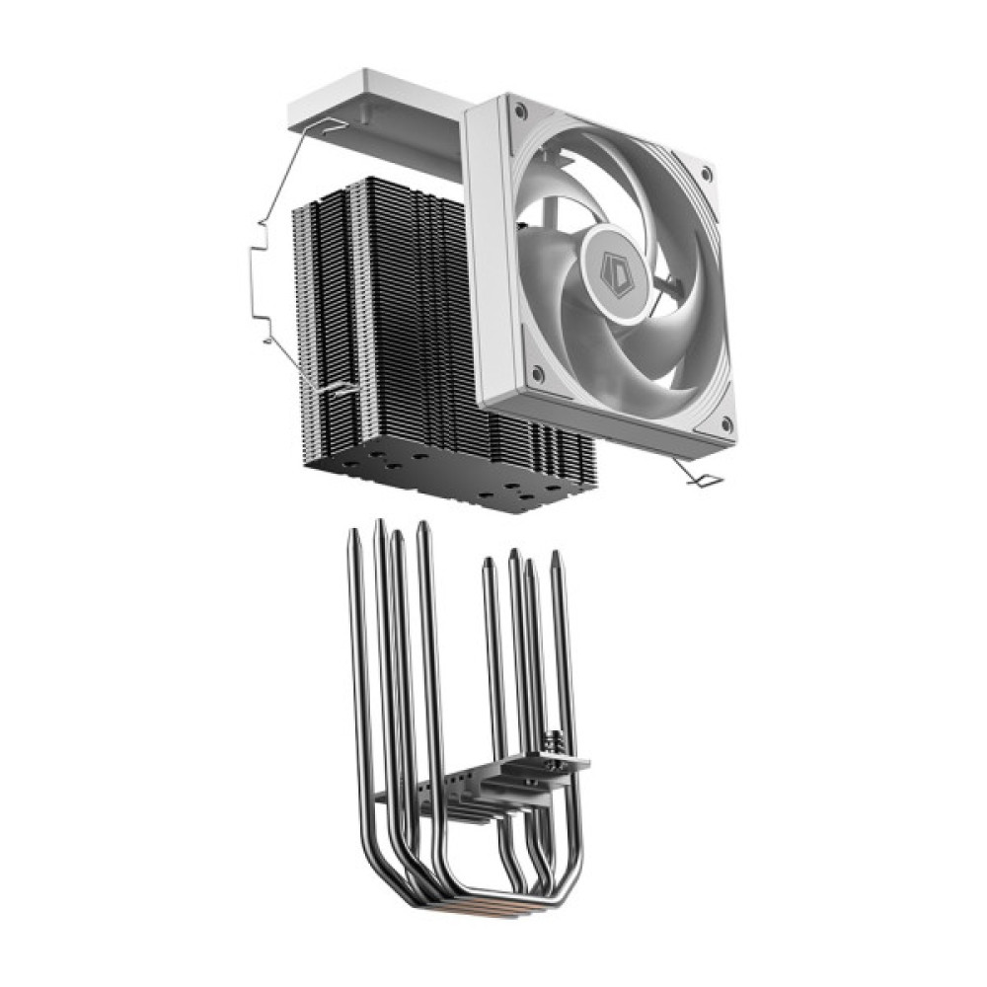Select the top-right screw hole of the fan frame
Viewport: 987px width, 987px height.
(x=706, y=175)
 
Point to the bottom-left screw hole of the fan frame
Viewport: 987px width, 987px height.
(x=536, y=374)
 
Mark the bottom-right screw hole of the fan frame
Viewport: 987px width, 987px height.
(x=726, y=425)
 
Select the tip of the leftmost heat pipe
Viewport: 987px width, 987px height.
(x=353, y=534)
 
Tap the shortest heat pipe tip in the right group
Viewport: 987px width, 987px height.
(x=487, y=563)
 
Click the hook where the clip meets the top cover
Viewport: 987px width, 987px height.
(x=331, y=126)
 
